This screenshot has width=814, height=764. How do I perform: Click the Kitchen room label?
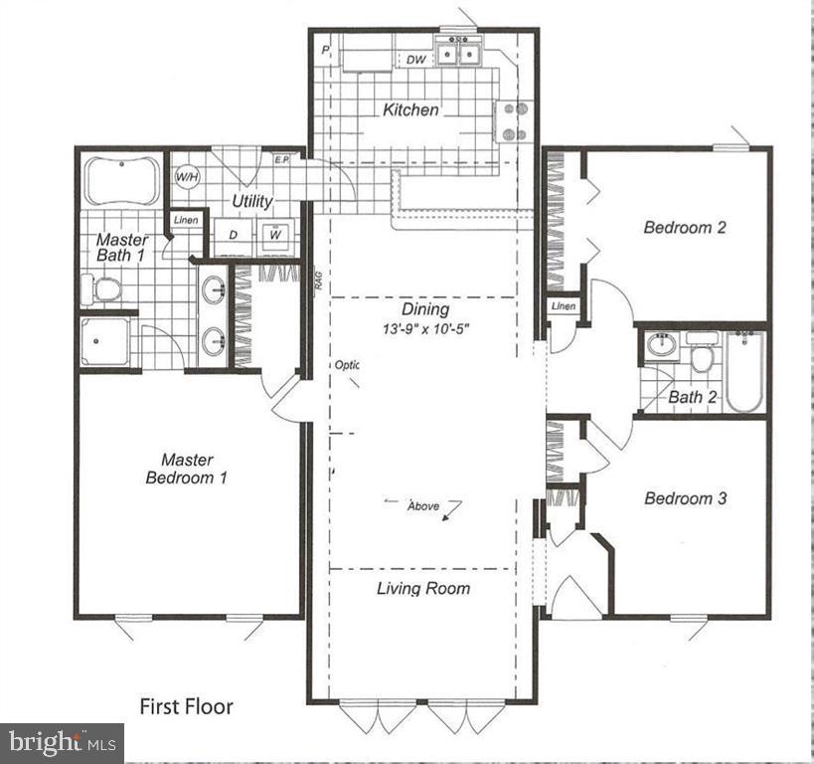pos(410,109)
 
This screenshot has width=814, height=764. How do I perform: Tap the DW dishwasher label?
pos(416,61)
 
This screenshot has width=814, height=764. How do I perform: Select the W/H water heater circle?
pos(187,177)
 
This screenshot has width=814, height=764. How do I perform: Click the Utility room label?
pos(252,201)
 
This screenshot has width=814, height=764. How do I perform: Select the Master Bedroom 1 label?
pos(187,469)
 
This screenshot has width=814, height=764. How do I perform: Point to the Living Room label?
pos(423,588)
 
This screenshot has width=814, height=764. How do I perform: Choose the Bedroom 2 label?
pos(685,227)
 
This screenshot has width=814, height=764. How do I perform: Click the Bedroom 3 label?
pos(685,498)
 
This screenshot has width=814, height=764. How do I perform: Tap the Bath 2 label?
pos(693,398)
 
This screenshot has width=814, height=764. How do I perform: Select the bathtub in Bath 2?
pos(743,372)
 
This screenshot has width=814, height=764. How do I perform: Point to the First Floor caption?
pos(186,707)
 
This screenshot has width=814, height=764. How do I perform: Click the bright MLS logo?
pos(62,741)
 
